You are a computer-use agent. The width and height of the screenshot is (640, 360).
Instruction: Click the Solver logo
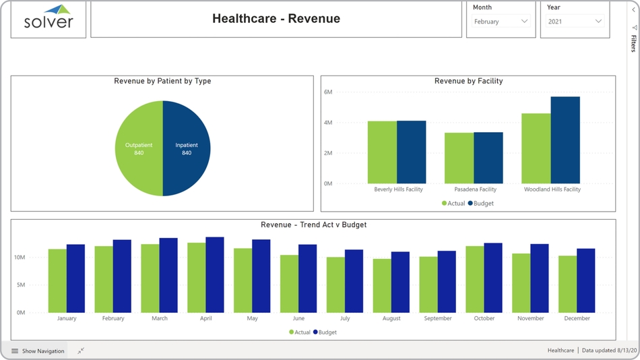click(x=49, y=18)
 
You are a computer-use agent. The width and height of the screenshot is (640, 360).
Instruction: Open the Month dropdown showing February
click(x=501, y=22)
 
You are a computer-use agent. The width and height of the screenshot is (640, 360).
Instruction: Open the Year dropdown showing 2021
click(x=574, y=22)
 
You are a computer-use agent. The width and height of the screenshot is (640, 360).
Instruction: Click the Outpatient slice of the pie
click(x=139, y=148)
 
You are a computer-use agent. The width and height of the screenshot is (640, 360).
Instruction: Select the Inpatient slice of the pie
click(x=187, y=148)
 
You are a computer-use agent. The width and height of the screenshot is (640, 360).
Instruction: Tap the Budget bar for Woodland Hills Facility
click(x=565, y=140)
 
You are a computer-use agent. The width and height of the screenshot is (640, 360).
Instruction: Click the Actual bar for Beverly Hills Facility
click(x=382, y=152)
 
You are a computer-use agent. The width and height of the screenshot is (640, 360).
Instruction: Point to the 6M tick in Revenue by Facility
click(x=329, y=92)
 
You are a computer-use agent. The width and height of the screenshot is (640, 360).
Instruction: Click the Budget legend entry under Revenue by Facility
click(x=482, y=203)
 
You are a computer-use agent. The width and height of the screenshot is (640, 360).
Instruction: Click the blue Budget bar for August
click(x=400, y=282)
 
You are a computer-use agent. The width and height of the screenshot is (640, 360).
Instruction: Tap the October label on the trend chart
click(x=484, y=318)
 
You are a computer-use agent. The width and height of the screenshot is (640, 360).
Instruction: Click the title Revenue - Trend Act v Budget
click(x=313, y=224)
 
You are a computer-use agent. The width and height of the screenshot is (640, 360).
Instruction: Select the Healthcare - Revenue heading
click(x=276, y=19)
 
